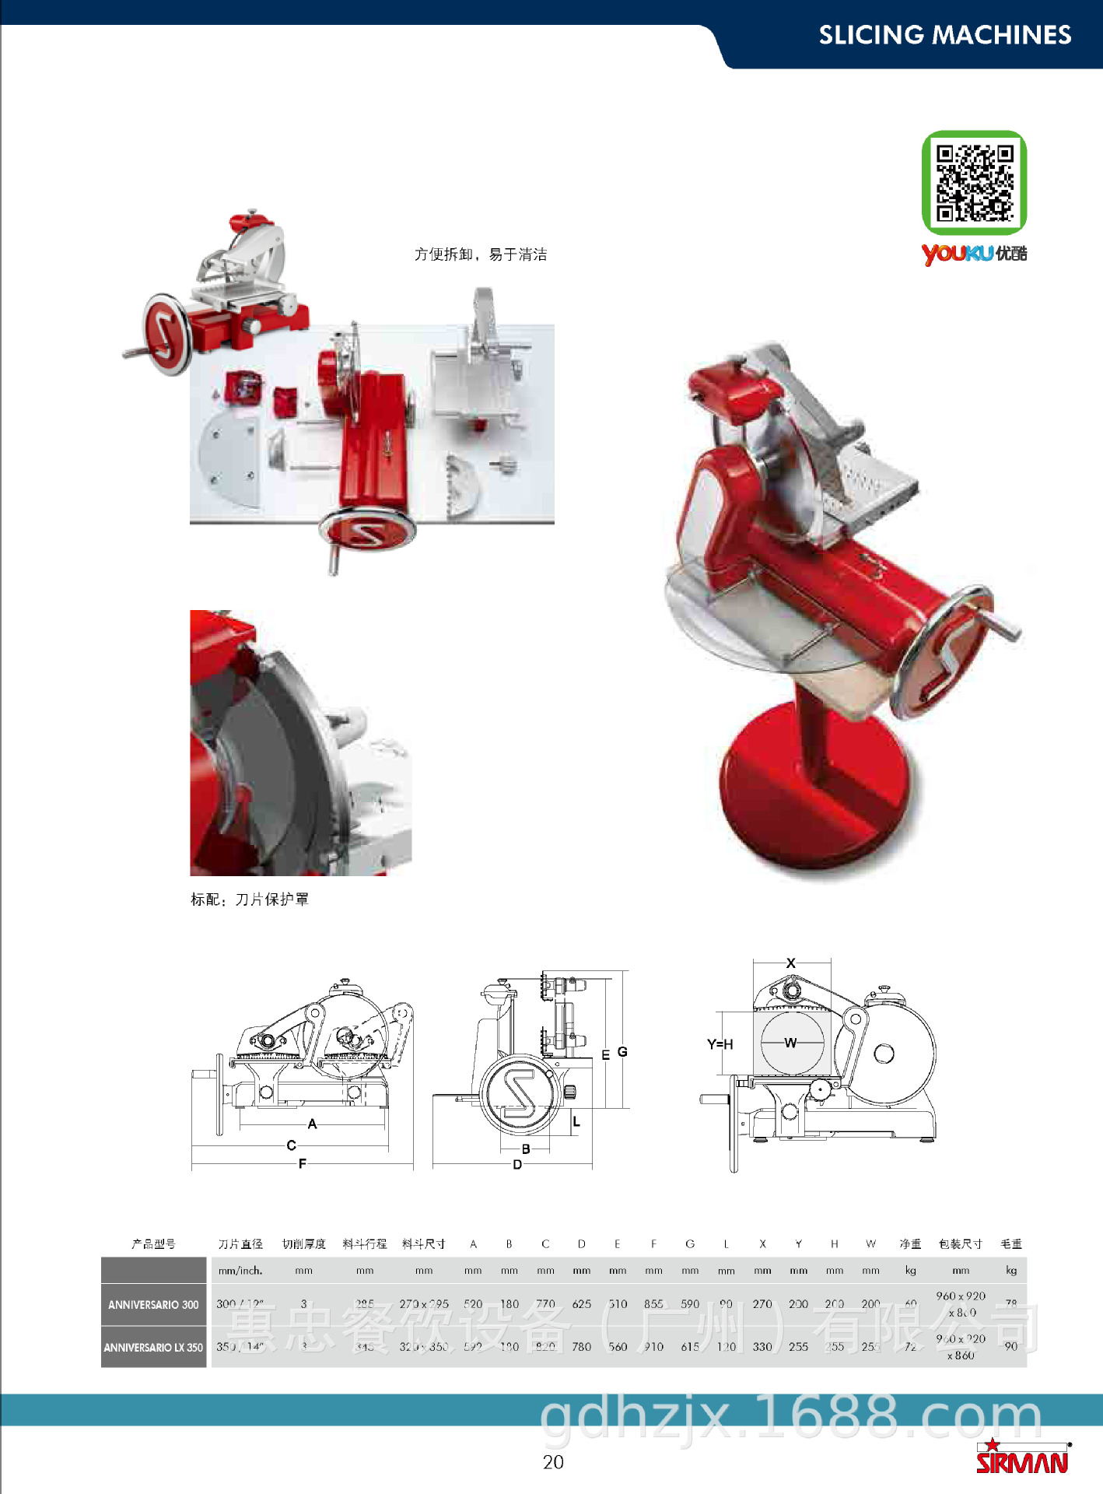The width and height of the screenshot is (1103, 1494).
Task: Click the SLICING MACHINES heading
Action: (944, 35)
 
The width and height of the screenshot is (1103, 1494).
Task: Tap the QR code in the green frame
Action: (974, 183)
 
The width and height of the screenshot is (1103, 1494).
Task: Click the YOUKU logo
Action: (973, 254)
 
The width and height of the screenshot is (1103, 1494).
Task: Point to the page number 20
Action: (553, 1462)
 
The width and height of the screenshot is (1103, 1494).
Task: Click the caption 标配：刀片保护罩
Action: (250, 900)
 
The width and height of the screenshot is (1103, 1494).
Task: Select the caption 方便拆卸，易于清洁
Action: (480, 254)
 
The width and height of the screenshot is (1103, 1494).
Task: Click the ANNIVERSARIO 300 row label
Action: (153, 1305)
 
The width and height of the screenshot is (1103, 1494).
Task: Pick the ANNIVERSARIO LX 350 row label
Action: (153, 1348)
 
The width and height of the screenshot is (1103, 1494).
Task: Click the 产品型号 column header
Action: (153, 1244)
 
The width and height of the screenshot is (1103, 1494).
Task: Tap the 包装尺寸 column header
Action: (960, 1244)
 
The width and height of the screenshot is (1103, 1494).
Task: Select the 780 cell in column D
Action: (581, 1347)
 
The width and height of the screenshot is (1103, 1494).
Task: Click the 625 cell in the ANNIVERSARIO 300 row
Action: (581, 1304)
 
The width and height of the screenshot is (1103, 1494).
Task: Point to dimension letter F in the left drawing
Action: (302, 1164)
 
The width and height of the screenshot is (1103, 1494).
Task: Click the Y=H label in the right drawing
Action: (720, 1044)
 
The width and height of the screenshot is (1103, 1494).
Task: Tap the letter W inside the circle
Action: (790, 1043)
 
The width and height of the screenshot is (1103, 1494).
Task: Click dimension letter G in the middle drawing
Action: (622, 1051)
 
